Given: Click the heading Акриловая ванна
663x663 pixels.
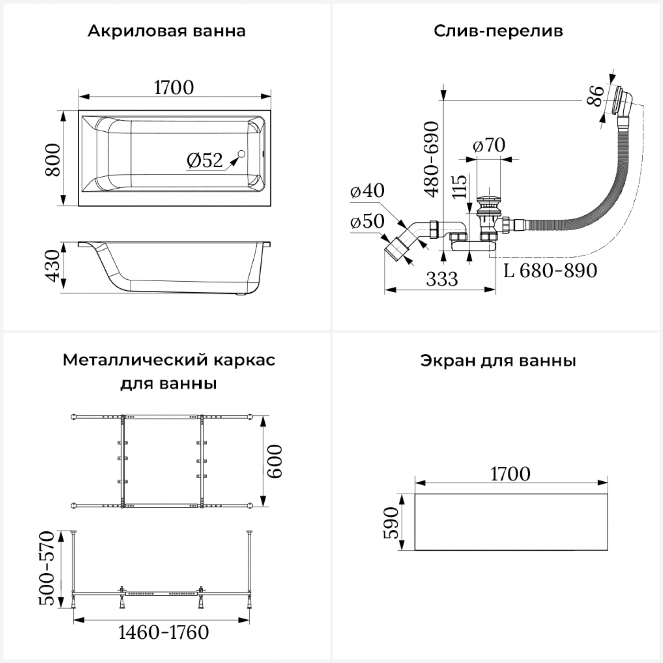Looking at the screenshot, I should [x=167, y=31].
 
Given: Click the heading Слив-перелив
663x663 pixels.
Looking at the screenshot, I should [x=498, y=31].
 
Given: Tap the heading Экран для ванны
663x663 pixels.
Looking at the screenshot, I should [x=498, y=361].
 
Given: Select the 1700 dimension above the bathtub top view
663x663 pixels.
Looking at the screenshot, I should [x=174, y=88].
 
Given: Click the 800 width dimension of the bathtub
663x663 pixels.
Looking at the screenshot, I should [x=53, y=160].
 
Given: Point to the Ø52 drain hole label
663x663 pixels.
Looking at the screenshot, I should [x=205, y=160].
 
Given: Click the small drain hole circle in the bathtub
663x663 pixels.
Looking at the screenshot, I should [x=241, y=154].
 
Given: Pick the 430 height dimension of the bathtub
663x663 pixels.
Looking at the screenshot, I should [x=53, y=266].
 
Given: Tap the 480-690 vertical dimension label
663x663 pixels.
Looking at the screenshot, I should [x=432, y=159].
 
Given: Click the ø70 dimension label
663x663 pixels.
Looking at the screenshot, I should [x=489, y=145].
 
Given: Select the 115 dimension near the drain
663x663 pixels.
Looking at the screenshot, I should [x=460, y=187].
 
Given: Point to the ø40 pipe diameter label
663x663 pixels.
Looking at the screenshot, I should [x=367, y=191].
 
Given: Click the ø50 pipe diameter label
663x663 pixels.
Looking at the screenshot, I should [x=367, y=221].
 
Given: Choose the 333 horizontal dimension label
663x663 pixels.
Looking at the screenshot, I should [x=442, y=279].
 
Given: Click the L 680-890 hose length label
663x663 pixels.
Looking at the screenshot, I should [x=550, y=271].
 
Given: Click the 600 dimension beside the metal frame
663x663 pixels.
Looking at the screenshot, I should [x=275, y=461].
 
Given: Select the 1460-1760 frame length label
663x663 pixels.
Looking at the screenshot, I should [x=164, y=633].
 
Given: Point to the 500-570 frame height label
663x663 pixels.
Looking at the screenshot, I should [x=47, y=568].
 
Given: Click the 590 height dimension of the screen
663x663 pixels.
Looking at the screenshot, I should [x=391, y=522].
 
